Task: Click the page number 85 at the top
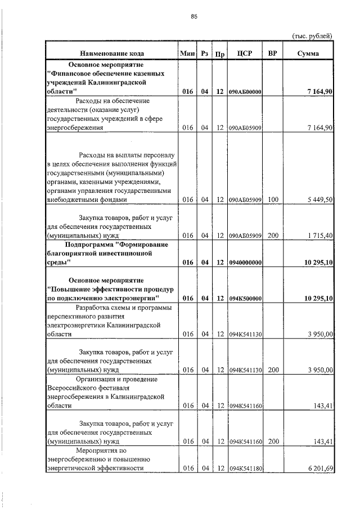194,17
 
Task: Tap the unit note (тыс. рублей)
312,36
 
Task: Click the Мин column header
187,53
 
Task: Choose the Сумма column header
308,53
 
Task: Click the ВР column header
273,53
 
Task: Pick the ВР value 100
273,200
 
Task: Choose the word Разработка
94,307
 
